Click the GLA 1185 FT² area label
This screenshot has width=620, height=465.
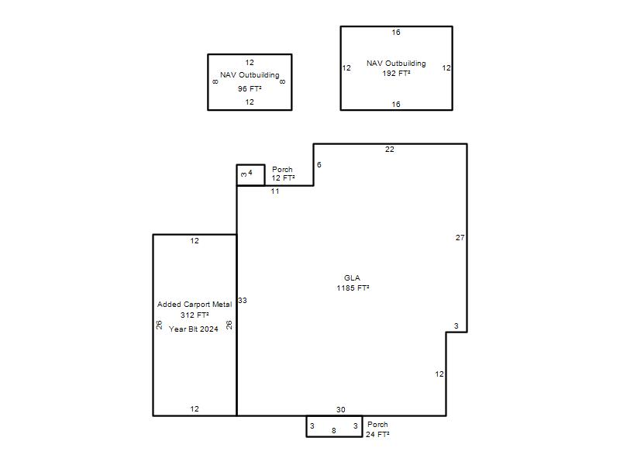tap(353, 283)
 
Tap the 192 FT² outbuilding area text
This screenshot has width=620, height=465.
tap(396, 73)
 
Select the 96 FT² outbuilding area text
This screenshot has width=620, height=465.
tap(250, 89)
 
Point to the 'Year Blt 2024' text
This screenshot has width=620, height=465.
tap(193, 329)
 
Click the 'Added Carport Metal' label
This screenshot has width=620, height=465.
tap(195, 305)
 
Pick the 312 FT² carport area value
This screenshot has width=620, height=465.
tap(195, 315)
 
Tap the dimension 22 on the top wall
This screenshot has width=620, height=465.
tap(390, 149)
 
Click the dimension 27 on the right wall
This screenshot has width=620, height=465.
tap(460, 238)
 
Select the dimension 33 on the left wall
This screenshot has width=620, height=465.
tap(243, 301)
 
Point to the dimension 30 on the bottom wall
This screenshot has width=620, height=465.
tap(341, 410)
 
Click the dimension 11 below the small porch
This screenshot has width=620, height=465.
tap(275, 191)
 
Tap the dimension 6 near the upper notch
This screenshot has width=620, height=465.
tap(319, 165)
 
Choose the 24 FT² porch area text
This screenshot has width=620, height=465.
tap(377, 435)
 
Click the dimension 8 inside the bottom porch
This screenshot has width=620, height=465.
tap(334, 431)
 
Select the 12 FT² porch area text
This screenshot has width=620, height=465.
tap(283, 178)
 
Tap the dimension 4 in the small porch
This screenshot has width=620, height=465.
tap(250, 172)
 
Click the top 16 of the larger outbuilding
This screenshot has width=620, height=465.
tap(396, 33)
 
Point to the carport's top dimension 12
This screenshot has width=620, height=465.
tap(195, 241)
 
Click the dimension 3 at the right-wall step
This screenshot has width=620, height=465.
tap(456, 326)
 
